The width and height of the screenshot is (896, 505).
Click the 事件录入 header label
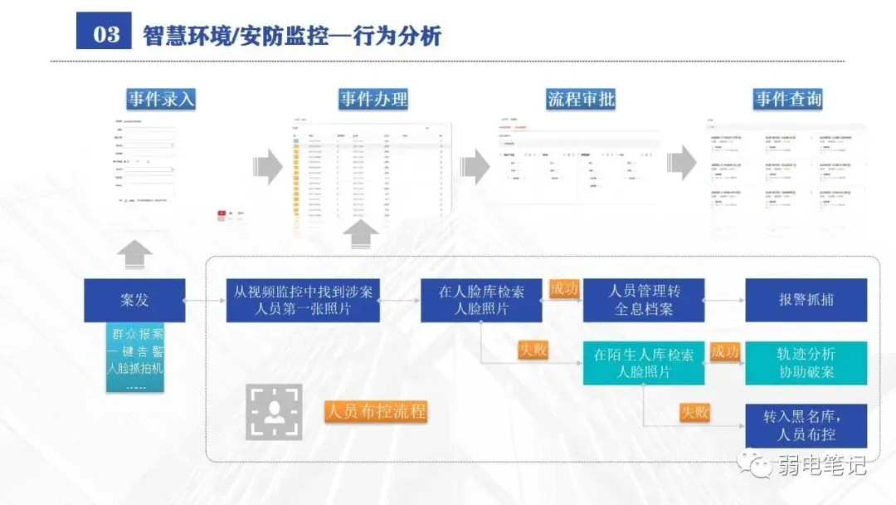(x=161, y=100)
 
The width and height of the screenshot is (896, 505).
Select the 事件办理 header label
(x=373, y=100)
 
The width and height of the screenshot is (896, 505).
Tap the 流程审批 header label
(x=581, y=100)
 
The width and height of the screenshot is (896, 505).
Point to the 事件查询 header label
(x=787, y=100)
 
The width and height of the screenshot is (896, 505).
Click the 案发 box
(x=134, y=301)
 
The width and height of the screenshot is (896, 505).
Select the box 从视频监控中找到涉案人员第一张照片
(x=303, y=301)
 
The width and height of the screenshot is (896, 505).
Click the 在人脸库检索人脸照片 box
(x=481, y=301)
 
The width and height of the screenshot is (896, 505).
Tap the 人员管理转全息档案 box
(x=644, y=301)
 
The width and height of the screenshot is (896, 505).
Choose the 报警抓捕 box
(x=806, y=301)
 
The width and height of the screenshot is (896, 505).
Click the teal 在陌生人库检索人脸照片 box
(x=644, y=363)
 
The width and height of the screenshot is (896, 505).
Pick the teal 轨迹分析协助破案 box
(x=806, y=363)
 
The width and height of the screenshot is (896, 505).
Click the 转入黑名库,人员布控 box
(x=806, y=426)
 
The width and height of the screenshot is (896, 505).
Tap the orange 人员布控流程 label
(x=376, y=411)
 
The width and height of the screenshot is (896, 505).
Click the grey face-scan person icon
(x=274, y=412)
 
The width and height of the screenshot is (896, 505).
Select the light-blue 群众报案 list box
(x=134, y=359)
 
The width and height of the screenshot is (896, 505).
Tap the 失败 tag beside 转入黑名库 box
(x=694, y=412)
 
